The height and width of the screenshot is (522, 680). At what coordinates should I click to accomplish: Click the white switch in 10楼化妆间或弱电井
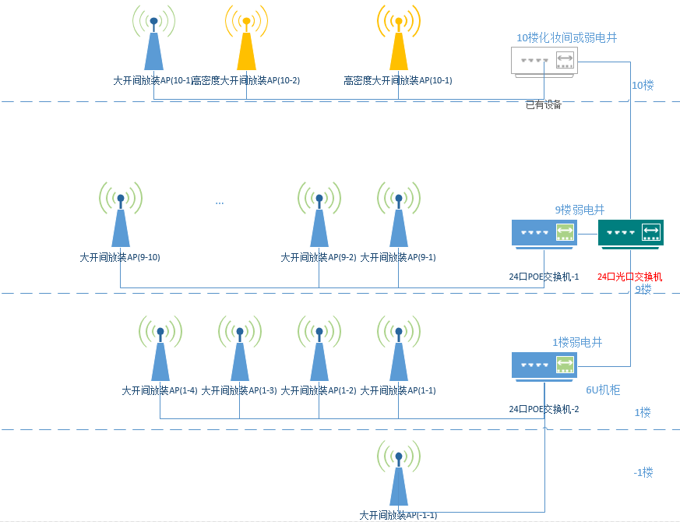pyautogui.click(x=544, y=61)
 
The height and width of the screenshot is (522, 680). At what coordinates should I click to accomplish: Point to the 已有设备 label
pyautogui.click(x=543, y=104)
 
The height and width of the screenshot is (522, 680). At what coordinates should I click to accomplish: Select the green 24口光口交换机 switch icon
pyautogui.click(x=631, y=233)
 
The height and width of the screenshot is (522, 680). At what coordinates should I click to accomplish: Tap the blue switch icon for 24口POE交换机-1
pyautogui.click(x=544, y=233)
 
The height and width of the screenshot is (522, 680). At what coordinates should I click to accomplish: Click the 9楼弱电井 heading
pyautogui.click(x=580, y=210)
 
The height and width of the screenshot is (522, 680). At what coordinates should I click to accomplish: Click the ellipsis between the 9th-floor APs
pyautogui.click(x=220, y=203)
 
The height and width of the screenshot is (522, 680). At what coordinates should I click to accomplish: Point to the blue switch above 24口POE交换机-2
pyautogui.click(x=544, y=365)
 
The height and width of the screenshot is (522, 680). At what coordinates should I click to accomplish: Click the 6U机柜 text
pyautogui.click(x=603, y=390)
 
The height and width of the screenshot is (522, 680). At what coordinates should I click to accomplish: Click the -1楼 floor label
pyautogui.click(x=643, y=472)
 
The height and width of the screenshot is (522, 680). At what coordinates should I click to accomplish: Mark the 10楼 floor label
pyautogui.click(x=643, y=85)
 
